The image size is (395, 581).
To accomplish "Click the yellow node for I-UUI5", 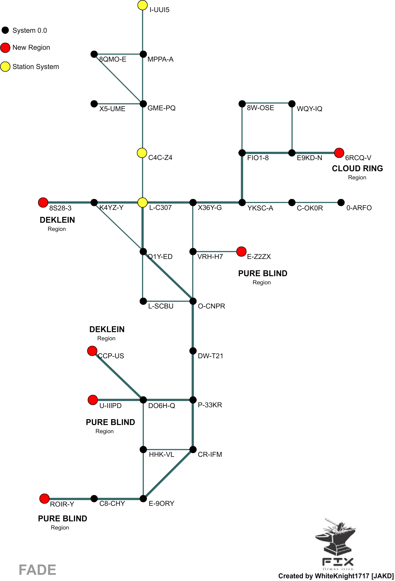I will coord(142,5).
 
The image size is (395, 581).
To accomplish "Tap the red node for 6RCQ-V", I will coord(339,153).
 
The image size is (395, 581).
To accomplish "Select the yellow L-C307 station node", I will coord(142,203).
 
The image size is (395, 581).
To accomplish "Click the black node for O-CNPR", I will coord(193,301).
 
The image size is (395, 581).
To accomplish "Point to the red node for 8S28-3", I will coord(43,203).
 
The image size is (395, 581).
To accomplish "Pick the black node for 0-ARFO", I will coord(341,203).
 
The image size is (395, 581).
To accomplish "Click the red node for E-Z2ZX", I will coord(241,252).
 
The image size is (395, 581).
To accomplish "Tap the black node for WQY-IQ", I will coord(292,103).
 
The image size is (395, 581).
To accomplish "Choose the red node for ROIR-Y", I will coord(44,498).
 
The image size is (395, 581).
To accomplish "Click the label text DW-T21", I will coord(210,356).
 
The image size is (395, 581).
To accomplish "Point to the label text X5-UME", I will coord(112,109).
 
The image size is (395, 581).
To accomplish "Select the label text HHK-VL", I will coord(161,455).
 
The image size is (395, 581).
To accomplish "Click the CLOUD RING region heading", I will coord(357,169).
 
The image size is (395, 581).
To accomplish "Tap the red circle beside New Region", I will coord(5,48).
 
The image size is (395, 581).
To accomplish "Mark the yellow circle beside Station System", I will coord(5,67).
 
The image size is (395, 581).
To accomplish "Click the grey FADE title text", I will coord(37,570).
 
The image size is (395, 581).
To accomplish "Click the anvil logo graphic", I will coord(336,540).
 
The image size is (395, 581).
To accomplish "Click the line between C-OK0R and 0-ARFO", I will coord(316,203).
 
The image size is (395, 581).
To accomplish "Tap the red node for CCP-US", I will coord(92,351).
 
